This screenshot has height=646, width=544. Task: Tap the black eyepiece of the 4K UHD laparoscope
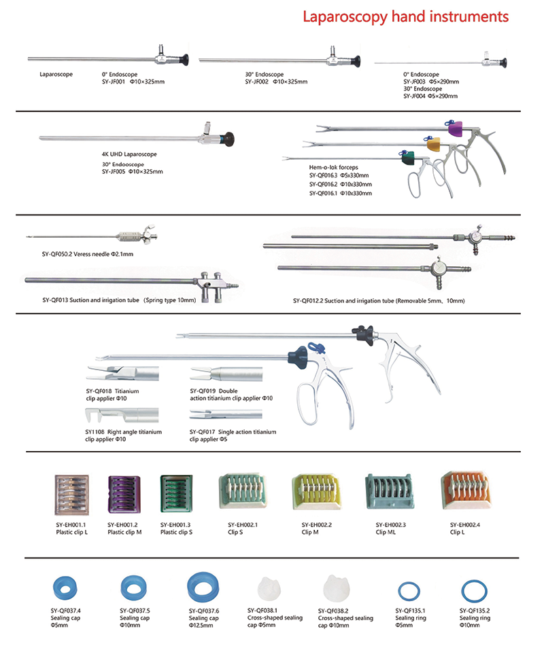pos(228,139)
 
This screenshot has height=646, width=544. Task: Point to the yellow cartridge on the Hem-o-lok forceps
pos(432,143)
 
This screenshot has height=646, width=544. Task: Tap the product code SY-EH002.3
pos(391,525)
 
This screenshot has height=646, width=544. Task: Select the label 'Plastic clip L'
pos(71,533)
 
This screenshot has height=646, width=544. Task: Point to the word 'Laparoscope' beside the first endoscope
pos(56,74)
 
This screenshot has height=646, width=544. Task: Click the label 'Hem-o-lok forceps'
pos(333,166)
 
